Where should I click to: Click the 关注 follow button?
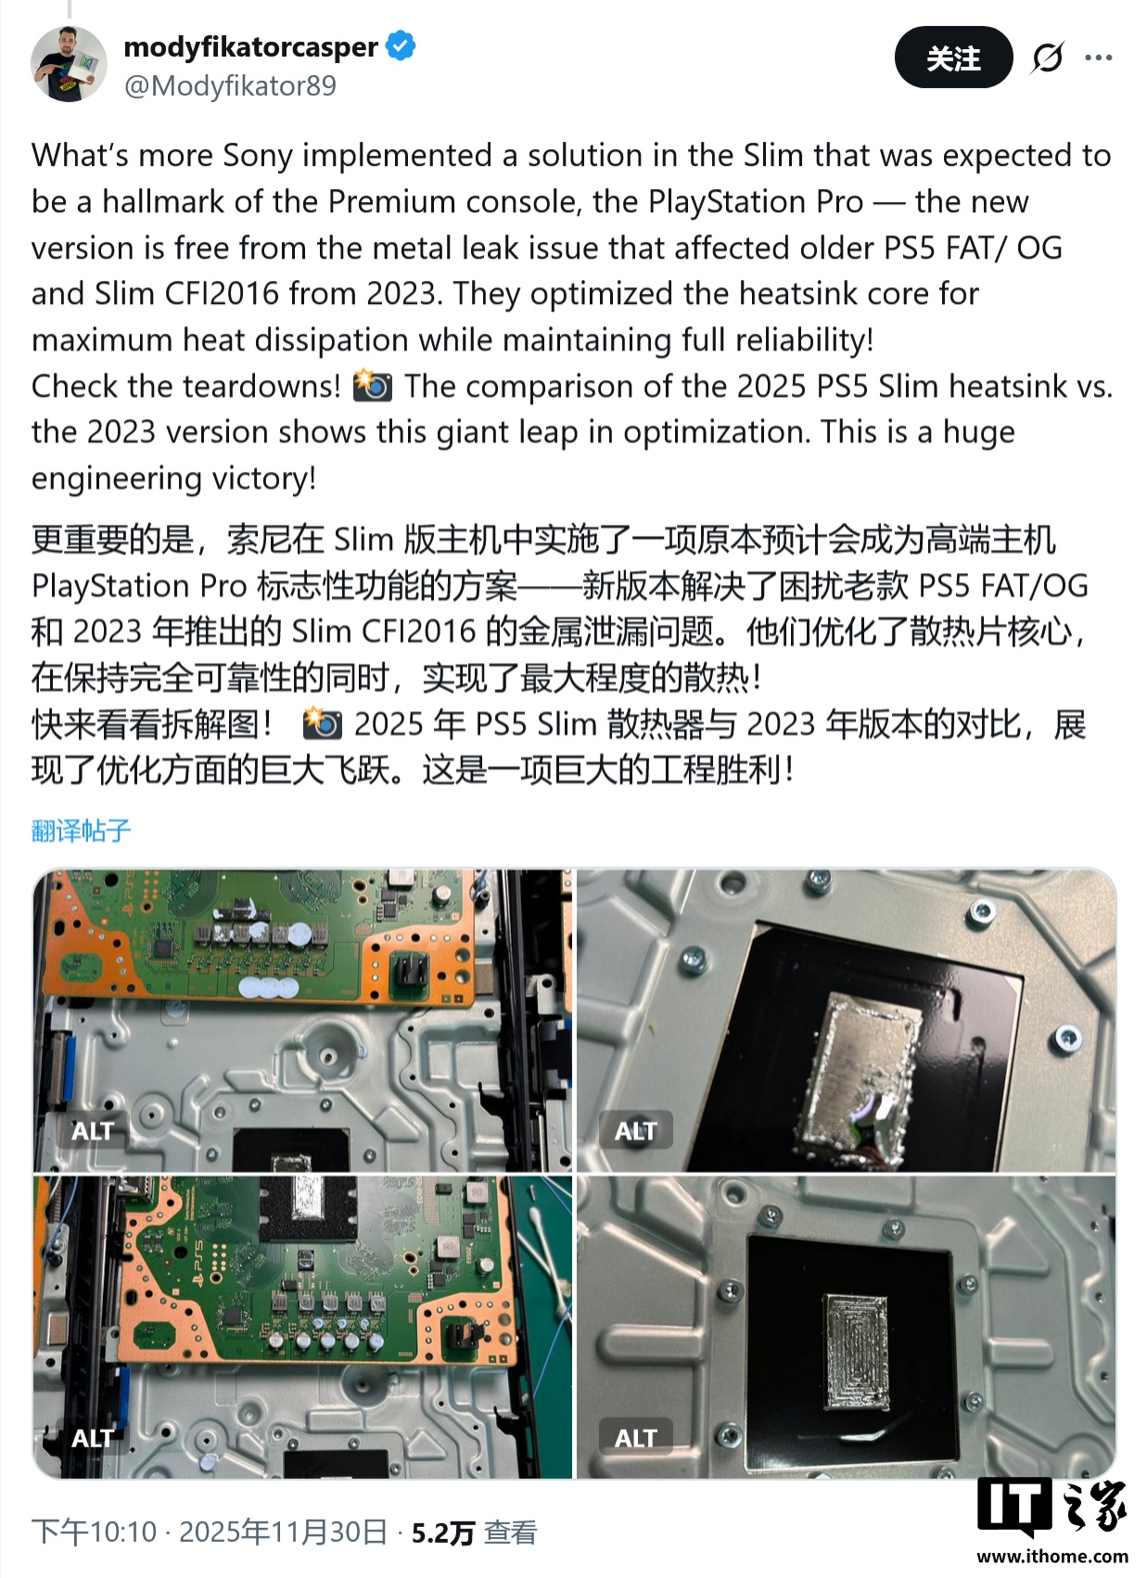coord(952,57)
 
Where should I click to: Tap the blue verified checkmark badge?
coord(401,45)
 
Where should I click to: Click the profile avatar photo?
coord(69,64)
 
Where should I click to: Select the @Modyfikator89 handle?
coord(230,86)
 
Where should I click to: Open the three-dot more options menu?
coord(1099,57)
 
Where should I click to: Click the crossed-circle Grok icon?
coord(1048,57)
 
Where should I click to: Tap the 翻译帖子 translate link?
coord(82,830)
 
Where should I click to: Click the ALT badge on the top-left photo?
coord(93,1131)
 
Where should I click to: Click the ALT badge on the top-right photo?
coord(635,1131)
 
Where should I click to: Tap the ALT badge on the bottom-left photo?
coord(93,1438)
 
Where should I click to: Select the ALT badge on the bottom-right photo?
coord(635,1438)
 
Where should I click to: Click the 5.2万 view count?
coord(443,1533)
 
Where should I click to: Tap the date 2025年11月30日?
coord(283,1532)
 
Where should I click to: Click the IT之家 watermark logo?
coord(1052,1506)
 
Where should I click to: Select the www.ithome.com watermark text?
coord(1052,1557)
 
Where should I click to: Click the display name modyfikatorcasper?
coord(250,46)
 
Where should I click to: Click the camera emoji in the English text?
coord(373,386)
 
